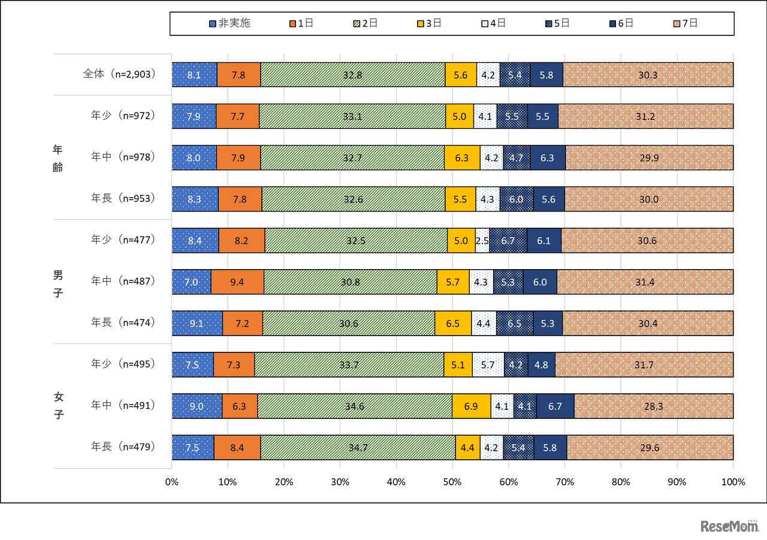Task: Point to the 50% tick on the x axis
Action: [452, 482]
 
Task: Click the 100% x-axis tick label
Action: [733, 482]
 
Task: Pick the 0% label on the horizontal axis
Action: [172, 482]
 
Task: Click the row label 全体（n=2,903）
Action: [119, 74]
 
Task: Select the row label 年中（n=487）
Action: [123, 281]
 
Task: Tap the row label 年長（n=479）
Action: [123, 447]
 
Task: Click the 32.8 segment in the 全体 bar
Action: [353, 75]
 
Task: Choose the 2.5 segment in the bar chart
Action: [482, 240]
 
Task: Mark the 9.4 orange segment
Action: [237, 282]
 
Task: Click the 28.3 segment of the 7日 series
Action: [654, 406]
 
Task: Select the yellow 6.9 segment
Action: [471, 406]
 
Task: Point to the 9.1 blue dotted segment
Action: [197, 323]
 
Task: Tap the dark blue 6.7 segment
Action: [555, 406]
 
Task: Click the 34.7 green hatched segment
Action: [358, 447]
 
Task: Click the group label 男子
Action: [58, 285]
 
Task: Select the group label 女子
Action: [58, 405]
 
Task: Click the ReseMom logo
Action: [729, 526]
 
